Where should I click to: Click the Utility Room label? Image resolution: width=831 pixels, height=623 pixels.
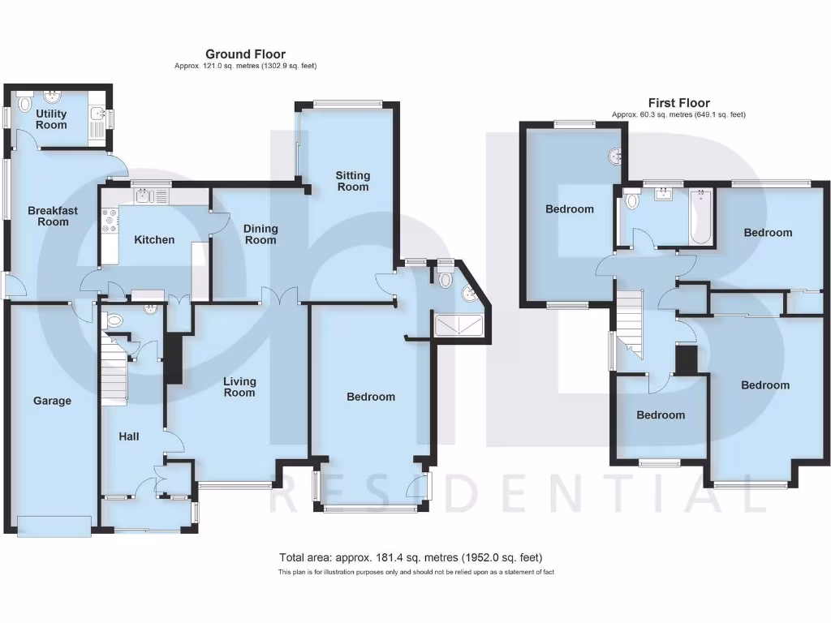(x=51, y=119)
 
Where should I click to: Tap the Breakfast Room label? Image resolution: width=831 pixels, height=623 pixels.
(x=53, y=216)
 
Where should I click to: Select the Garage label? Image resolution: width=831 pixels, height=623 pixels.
(x=52, y=401)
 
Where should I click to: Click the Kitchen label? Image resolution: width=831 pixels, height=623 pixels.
(x=154, y=239)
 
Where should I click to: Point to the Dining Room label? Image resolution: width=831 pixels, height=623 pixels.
(x=260, y=234)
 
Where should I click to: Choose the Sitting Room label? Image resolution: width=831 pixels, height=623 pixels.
(x=353, y=181)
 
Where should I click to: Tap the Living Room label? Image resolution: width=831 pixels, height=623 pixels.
(x=240, y=387)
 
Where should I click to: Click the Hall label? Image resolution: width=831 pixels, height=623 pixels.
(x=129, y=436)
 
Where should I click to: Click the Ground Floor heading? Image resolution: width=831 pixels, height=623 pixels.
(x=245, y=54)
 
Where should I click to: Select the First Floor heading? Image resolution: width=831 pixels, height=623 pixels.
(x=678, y=103)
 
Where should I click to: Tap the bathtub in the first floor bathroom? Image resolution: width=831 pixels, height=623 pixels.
(x=700, y=217)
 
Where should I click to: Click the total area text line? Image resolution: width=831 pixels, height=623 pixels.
(x=411, y=557)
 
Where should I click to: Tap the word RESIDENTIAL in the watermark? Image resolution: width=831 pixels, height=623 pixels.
(x=517, y=495)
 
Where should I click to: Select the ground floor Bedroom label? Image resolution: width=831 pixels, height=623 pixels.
(x=371, y=397)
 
